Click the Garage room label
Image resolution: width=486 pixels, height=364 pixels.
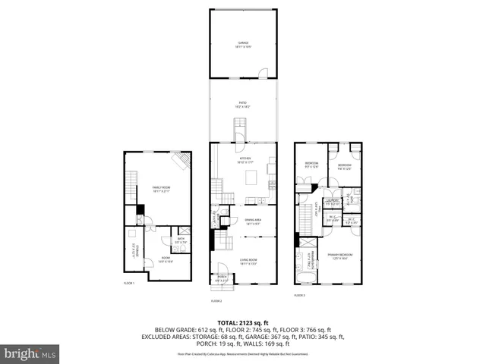[x=243, y=45]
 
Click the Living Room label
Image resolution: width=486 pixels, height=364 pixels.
[x=243, y=263]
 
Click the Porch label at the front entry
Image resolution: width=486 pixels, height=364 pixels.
[x=222, y=278]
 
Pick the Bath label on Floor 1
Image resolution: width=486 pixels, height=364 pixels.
[x=181, y=240]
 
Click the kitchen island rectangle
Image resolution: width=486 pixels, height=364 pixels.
[x=252, y=177]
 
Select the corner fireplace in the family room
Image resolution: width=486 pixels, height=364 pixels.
[x=181, y=161]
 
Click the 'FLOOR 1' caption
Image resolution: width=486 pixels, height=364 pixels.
[x=129, y=283]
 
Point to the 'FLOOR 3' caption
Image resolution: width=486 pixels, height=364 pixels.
[x=301, y=296]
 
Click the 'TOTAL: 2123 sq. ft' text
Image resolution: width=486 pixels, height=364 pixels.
[x=243, y=322]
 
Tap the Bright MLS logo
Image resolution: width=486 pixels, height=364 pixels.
[x=30, y=353]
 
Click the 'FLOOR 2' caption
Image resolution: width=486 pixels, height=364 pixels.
[x=216, y=301]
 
